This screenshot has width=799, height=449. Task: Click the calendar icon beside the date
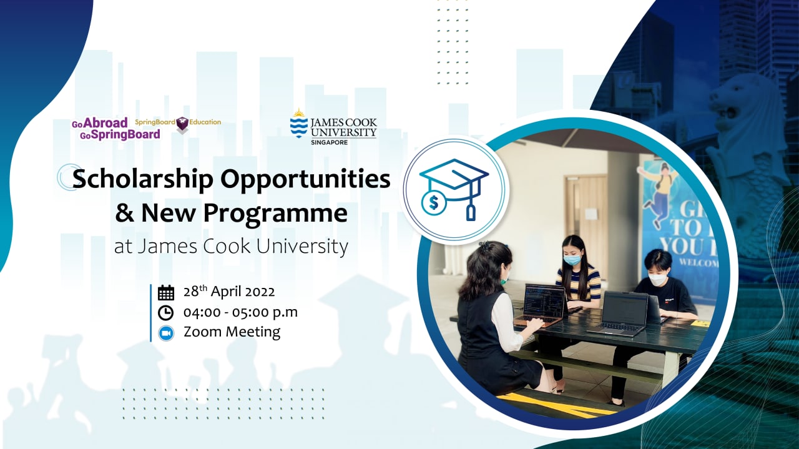tap(165, 292)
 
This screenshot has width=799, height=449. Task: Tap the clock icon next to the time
tap(165, 312)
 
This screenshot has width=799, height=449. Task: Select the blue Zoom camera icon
tap(165, 332)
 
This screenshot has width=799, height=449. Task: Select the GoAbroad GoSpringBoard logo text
tap(115, 129)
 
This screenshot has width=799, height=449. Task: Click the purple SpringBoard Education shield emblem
tap(182, 124)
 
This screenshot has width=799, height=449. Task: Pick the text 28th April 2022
tap(228, 292)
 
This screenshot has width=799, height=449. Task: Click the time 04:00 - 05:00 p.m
tap(240, 312)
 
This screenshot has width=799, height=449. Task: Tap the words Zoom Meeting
tap(232, 332)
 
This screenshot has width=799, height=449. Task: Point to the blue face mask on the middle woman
tap(572, 259)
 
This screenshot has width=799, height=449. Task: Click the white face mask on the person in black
tap(658, 280)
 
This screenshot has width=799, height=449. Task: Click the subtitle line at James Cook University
tap(231, 247)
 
